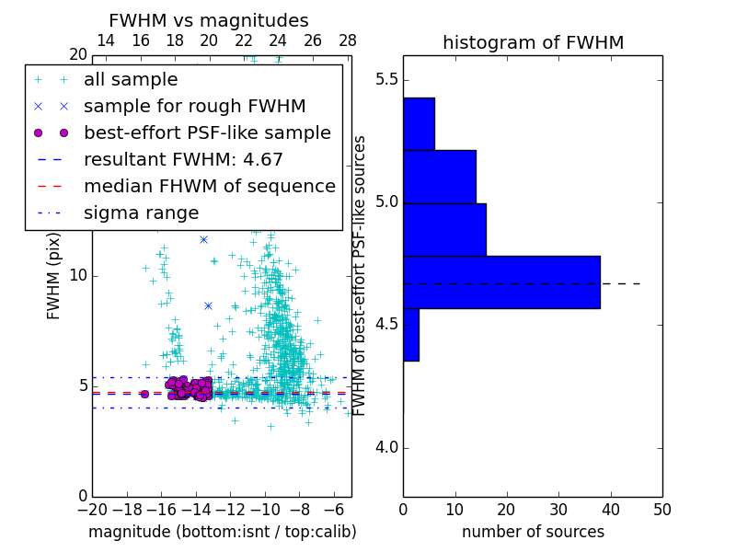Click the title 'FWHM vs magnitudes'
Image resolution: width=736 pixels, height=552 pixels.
[209, 20]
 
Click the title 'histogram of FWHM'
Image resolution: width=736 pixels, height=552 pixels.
[533, 42]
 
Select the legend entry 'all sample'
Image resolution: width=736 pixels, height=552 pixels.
[131, 80]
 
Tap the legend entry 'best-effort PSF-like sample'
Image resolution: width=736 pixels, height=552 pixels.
[207, 132]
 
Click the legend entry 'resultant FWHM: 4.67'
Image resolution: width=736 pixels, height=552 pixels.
[183, 159]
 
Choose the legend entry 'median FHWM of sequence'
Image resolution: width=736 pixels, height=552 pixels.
[209, 186]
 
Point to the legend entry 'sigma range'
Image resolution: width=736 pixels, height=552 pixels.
[141, 213]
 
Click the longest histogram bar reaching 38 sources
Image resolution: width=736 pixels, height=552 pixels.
[501, 282]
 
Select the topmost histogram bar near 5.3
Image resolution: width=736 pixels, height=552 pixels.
[419, 123]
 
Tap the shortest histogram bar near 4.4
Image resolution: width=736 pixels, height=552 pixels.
[411, 334]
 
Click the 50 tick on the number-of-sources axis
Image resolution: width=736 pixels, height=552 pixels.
[661, 508]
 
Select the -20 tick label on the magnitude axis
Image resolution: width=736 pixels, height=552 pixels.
[92, 508]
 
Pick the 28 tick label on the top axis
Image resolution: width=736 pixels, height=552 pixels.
[348, 40]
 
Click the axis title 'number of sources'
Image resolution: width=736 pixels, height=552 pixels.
[533, 532]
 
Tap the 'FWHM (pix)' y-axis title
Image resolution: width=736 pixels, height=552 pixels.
[54, 276]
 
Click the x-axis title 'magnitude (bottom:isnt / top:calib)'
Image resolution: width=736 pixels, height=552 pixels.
[222, 532]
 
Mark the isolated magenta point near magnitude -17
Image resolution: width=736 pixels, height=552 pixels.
[144, 394]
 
